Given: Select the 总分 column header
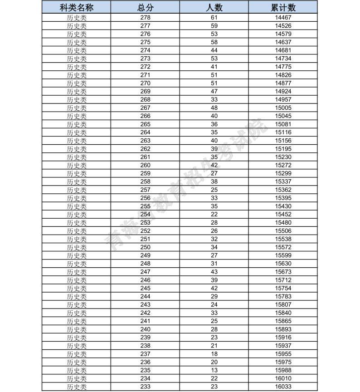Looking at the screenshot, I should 145,8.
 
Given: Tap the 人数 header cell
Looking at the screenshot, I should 214,8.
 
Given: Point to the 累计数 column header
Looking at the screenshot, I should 283,8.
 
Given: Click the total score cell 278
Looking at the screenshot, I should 145,17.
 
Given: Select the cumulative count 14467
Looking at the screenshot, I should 283,17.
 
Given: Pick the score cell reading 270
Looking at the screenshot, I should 145,83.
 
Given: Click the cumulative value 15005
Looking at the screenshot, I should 283,108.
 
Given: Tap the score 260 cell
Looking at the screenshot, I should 145,165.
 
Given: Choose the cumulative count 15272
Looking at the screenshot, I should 283,165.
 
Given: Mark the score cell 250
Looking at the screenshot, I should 145,247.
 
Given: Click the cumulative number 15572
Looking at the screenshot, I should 283,247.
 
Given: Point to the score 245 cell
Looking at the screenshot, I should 145,288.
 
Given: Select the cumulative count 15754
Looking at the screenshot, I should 283,288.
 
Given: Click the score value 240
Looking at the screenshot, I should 145,329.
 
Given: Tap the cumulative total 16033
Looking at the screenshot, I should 283,387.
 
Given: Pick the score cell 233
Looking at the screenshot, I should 145,387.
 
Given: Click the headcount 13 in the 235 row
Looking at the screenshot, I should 214,370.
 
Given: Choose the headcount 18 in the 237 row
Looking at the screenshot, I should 214,354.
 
